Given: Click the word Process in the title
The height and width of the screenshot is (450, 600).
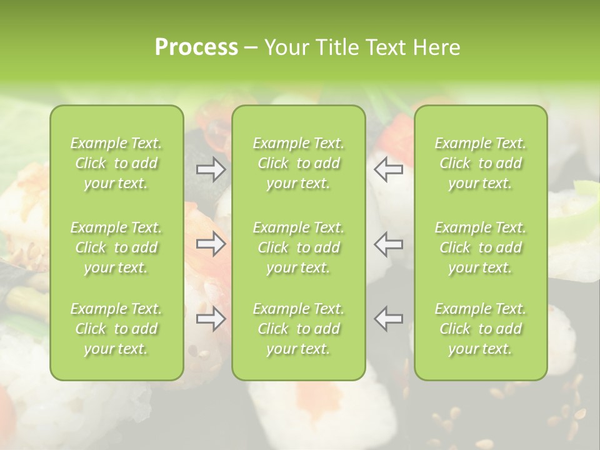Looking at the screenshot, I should (x=196, y=47).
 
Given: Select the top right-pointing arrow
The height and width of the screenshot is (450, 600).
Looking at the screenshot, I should (x=211, y=169).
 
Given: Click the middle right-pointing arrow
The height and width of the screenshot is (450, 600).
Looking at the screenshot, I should (x=211, y=244).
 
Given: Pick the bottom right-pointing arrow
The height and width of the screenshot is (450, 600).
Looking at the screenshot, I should (x=211, y=319).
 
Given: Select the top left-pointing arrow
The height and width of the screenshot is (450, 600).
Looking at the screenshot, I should (x=389, y=169).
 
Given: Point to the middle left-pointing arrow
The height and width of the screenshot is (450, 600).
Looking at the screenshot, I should (x=389, y=244).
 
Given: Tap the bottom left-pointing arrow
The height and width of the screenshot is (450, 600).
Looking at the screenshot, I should (x=389, y=319).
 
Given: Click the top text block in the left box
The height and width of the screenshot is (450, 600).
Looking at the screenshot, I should (x=116, y=163).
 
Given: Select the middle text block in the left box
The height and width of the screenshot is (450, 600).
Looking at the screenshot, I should (x=116, y=247).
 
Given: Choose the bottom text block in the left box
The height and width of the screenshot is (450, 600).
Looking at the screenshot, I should (x=116, y=329).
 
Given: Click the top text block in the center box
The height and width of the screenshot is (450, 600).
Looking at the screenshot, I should (x=299, y=163).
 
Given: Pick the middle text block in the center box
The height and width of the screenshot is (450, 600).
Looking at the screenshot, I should (x=299, y=247).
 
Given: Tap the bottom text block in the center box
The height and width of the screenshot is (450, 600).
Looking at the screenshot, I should (x=299, y=329).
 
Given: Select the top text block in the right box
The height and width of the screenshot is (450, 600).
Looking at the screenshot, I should (x=481, y=163).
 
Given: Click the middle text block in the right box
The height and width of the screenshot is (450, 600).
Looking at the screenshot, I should (x=481, y=247).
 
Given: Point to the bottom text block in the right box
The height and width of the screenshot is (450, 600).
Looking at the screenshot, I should (x=481, y=329).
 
